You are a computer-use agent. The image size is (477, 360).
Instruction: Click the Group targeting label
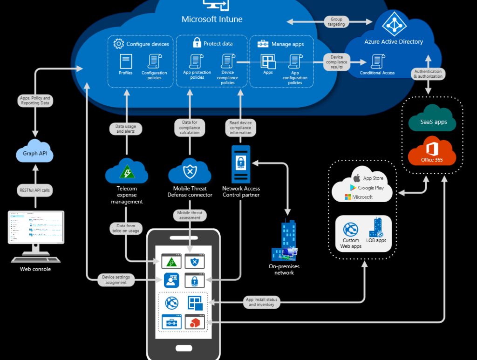336,22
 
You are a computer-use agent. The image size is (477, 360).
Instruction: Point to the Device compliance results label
336,62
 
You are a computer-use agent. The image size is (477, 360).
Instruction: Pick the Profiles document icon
126,62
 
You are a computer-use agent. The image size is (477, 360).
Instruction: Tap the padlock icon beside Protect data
197,43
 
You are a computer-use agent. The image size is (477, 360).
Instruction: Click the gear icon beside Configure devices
118,44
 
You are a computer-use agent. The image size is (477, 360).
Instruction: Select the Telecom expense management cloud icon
127,171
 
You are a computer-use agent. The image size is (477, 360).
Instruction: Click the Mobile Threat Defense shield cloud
190,172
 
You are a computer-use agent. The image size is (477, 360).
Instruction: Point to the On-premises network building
285,240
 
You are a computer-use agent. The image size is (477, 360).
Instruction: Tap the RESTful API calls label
35,190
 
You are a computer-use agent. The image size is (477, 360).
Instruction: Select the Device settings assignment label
116,280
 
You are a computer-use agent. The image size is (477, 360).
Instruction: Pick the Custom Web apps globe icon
350,230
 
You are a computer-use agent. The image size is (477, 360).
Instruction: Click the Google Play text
371,188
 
